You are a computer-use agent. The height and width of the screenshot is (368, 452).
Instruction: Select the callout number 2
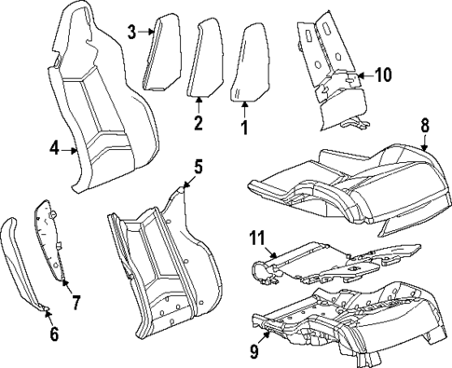198,124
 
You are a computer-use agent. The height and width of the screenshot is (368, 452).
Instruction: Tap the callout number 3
132,33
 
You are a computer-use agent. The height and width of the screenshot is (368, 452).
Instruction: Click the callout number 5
197,168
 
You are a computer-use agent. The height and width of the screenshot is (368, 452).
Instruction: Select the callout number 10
383,74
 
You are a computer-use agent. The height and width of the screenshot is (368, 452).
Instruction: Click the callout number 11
257,239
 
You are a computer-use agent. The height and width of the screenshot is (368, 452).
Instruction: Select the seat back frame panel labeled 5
158,261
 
